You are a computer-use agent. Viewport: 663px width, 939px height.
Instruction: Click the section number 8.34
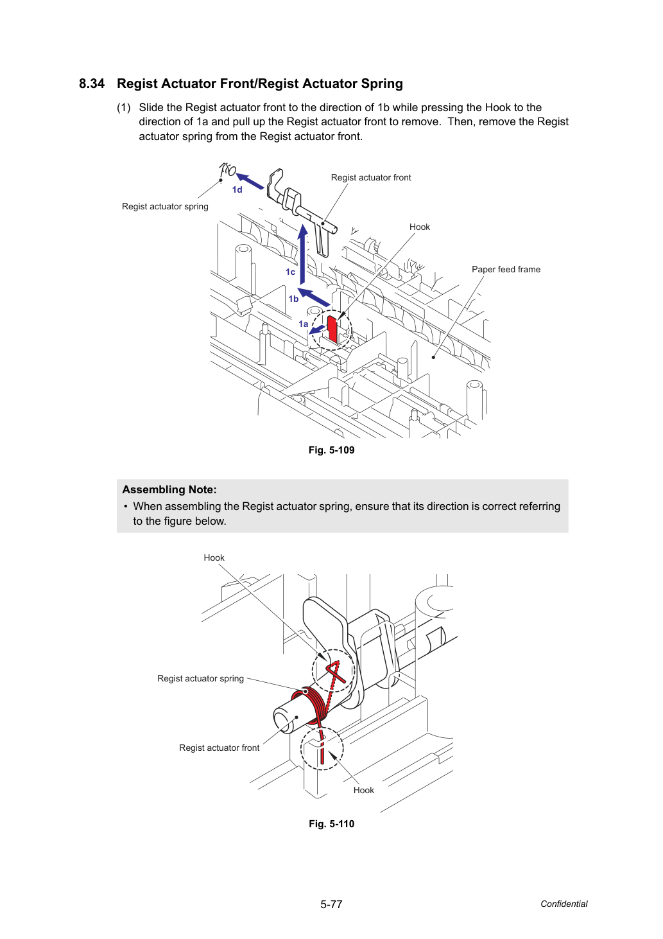point(92,83)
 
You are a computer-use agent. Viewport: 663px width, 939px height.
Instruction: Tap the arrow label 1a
point(303,324)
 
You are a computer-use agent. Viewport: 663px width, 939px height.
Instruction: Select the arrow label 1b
point(293,299)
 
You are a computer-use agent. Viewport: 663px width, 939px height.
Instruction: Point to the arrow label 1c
point(290,272)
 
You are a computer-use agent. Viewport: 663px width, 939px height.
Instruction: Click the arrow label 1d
point(237,190)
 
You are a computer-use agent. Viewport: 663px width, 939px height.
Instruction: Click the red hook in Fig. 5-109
point(332,329)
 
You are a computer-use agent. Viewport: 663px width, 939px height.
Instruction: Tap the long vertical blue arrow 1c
point(302,254)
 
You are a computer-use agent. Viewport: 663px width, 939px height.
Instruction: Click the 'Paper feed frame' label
point(506,269)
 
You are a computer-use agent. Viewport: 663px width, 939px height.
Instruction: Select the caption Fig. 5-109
point(331,450)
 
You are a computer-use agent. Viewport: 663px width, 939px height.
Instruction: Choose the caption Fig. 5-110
point(331,824)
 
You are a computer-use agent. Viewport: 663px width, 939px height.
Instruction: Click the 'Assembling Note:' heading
point(169,489)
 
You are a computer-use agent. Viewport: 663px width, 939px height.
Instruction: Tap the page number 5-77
point(331,904)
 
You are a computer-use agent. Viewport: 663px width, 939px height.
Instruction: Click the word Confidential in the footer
point(564,904)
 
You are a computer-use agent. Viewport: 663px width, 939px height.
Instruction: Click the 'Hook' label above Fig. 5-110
point(214,557)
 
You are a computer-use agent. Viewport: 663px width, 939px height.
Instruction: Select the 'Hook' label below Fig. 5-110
point(363,790)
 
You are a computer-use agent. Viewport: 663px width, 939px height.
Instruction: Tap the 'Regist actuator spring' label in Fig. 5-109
point(165,206)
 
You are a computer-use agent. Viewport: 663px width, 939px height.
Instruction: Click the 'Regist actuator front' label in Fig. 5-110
point(219,748)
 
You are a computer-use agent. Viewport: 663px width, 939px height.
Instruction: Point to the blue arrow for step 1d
point(250,181)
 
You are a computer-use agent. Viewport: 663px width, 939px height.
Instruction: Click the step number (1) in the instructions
point(124,108)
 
